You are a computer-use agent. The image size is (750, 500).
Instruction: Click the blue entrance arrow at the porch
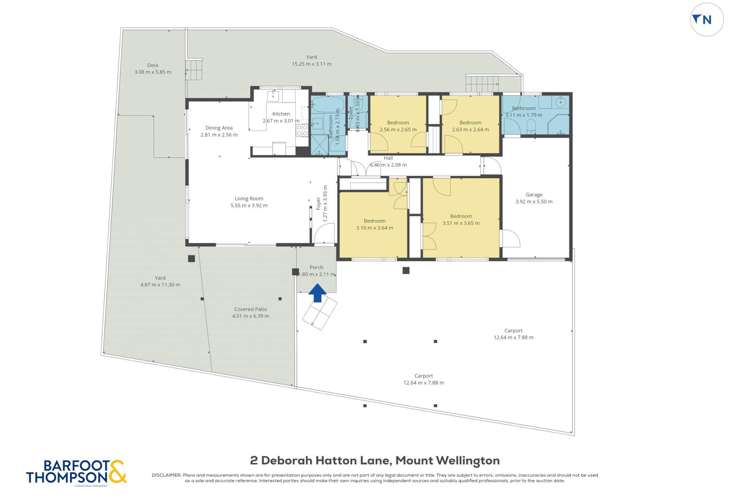(x=317, y=293)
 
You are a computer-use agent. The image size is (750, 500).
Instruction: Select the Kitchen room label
(x=281, y=113)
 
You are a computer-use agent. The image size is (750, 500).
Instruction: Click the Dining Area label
(x=219, y=128)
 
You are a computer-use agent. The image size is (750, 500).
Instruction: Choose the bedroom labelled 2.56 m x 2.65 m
(x=398, y=125)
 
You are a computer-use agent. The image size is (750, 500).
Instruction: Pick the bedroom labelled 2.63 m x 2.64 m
(x=469, y=125)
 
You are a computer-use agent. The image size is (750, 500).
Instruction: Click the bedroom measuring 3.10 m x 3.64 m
(x=375, y=222)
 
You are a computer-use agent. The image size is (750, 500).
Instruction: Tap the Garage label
(x=533, y=196)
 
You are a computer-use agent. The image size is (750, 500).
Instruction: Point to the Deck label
(x=152, y=67)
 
